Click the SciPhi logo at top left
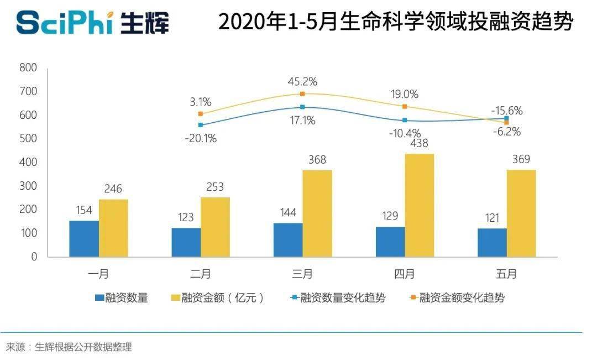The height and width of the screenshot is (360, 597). [92, 23]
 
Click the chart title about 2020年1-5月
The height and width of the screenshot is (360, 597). [395, 23]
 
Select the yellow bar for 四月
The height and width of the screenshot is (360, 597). [419, 205]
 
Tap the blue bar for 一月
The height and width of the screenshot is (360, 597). [84, 239]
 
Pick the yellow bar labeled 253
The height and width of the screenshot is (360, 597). [215, 227]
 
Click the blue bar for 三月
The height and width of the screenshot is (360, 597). [287, 240]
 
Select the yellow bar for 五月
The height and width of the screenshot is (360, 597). [521, 213]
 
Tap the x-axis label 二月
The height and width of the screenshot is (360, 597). [201, 273]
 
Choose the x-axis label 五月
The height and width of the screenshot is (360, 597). [506, 273]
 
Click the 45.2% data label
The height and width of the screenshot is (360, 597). [302, 82]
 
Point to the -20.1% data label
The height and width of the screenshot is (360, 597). [201, 138]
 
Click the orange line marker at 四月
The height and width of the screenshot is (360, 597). [405, 106]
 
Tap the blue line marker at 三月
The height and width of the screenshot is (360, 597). [302, 107]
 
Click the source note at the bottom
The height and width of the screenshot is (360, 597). [69, 347]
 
